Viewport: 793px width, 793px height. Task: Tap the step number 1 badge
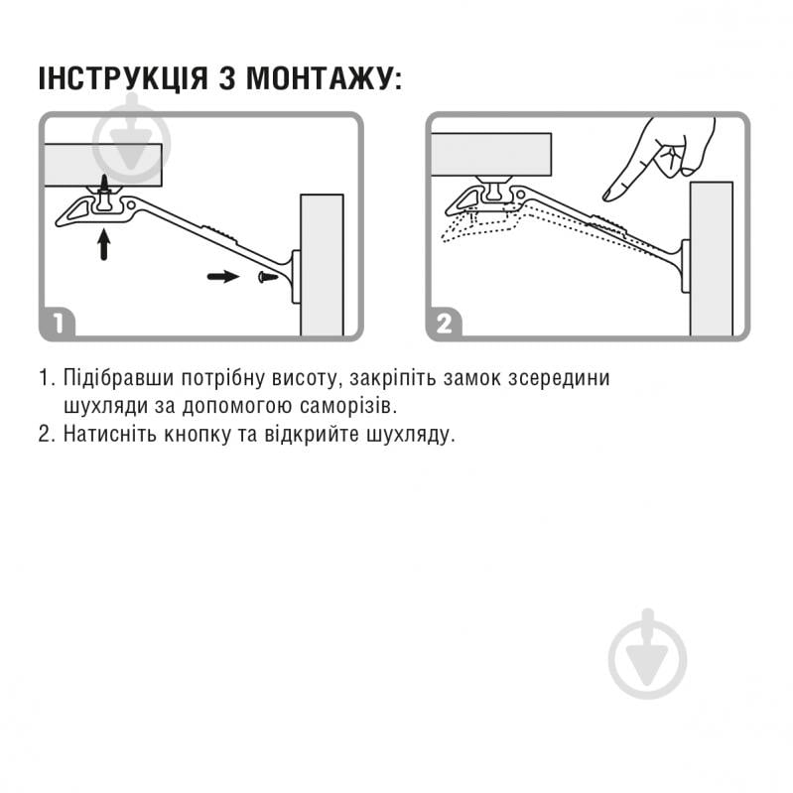click(59, 323)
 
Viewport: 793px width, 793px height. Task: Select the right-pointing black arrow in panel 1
click(223, 276)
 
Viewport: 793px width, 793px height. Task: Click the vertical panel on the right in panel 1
click(321, 264)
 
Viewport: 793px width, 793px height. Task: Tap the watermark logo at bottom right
click(647, 655)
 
